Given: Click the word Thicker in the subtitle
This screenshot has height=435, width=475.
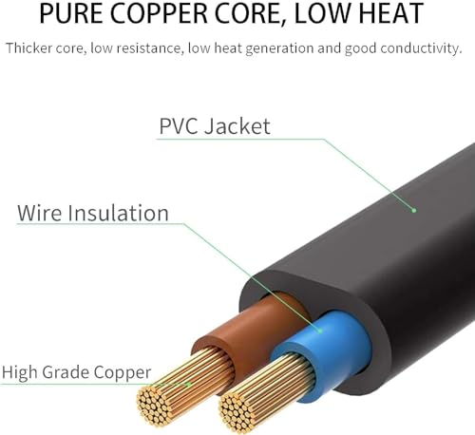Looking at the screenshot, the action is [x=28, y=48].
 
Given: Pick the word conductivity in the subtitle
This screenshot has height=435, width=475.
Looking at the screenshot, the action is [x=421, y=48].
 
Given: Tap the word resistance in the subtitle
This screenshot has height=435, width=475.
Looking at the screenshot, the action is [x=150, y=49].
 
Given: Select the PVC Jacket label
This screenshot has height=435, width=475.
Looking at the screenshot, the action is [x=215, y=126].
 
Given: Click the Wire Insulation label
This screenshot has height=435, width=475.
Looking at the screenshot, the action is [x=93, y=213].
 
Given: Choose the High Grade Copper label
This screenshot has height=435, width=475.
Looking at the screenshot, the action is [x=76, y=372].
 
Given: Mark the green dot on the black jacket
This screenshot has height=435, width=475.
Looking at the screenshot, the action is [x=413, y=210].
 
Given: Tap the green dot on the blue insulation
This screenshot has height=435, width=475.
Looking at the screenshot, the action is [x=320, y=331].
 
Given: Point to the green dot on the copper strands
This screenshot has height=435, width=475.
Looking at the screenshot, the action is [x=188, y=385].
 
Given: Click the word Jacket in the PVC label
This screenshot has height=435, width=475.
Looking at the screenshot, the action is [x=237, y=126].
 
